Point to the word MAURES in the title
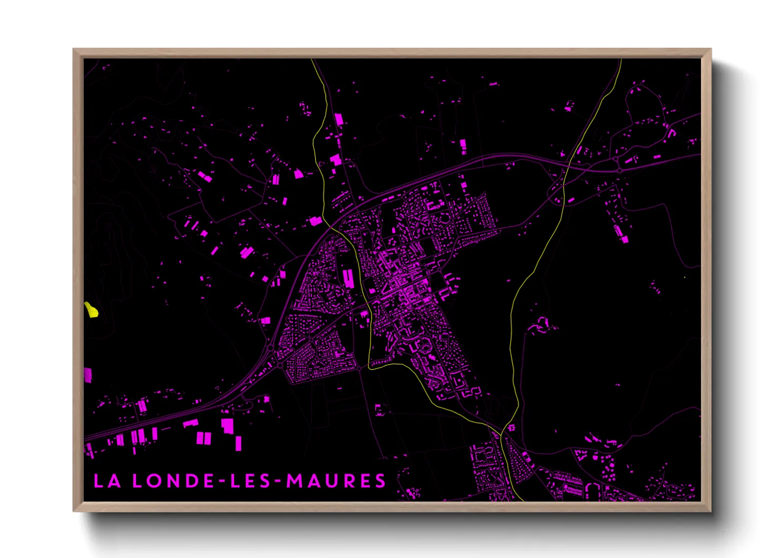tap(336, 481)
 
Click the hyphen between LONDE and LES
tap(222, 482)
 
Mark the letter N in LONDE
tap(171, 481)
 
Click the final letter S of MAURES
tap(380, 481)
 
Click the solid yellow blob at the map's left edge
tap(91, 310)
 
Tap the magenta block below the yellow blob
tap(87, 375)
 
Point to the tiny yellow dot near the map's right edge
tap(684, 277)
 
